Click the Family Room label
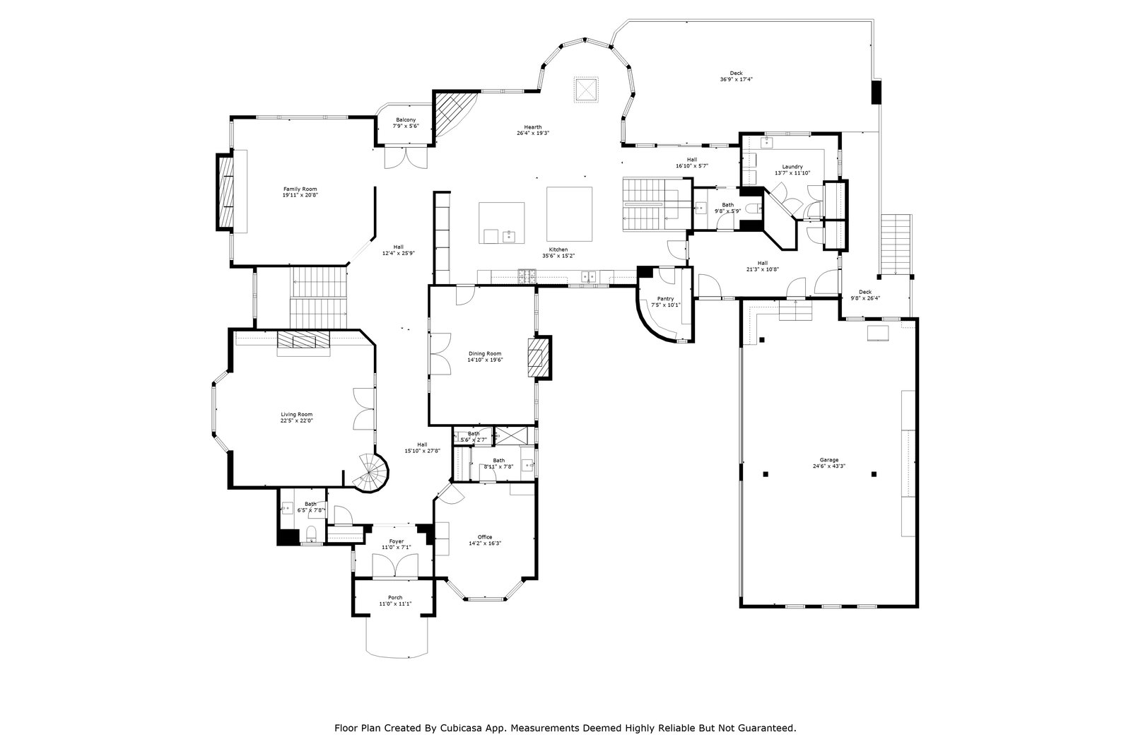[300, 189]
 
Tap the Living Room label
[296, 415]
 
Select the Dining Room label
[484, 354]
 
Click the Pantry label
[665, 299]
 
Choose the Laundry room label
[792, 167]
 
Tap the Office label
[485, 537]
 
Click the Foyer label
[396, 541]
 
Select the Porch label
[395, 598]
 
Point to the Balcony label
[406, 120]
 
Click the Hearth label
[533, 127]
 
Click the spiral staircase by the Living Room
[373, 472]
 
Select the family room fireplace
[226, 191]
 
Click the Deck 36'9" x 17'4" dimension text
[736, 80]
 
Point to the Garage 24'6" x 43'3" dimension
[829, 466]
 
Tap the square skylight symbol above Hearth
[585, 89]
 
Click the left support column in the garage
[766, 474]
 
